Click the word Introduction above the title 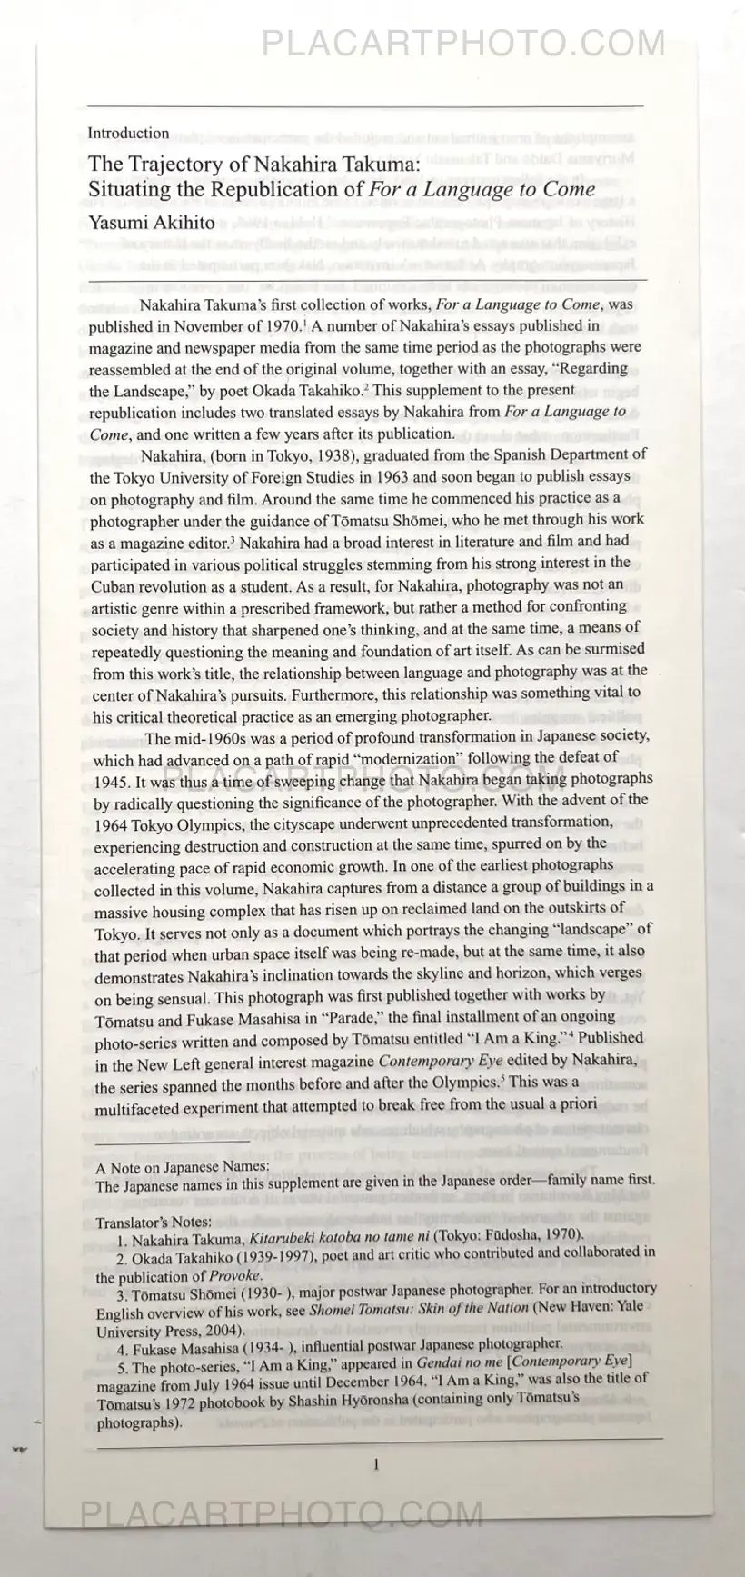point(128,133)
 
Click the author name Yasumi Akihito point(152,222)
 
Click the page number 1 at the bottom point(376,1463)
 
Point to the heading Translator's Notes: point(154,1222)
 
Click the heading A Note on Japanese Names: point(182,1166)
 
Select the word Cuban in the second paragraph point(113,585)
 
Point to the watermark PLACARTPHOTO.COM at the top point(463,44)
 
